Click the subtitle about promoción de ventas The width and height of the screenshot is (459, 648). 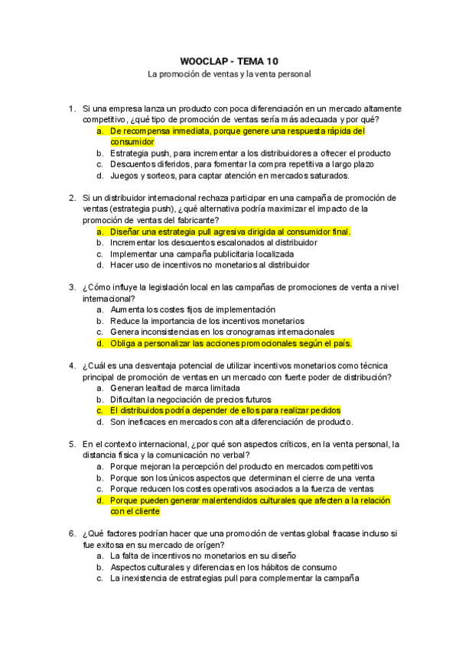229,74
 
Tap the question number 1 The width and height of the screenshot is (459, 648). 71,109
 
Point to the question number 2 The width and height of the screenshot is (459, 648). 71,198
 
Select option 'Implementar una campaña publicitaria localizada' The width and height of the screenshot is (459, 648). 201,254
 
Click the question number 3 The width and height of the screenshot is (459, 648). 71,287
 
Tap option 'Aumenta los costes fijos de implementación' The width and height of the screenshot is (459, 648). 192,309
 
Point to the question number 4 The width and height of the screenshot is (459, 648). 71,365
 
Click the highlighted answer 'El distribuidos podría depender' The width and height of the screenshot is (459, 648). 225,410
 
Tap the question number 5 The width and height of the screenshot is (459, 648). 71,444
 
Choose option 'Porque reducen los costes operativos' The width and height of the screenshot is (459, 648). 241,488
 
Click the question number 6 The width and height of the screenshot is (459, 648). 71,533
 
